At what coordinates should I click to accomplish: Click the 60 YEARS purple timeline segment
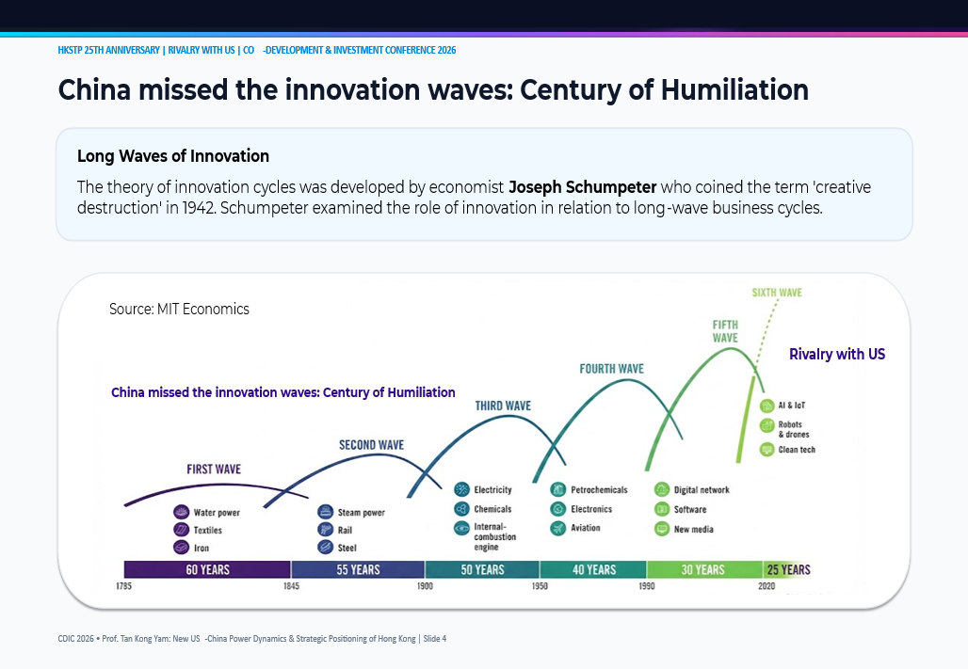(207, 569)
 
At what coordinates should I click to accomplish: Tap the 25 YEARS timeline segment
(787, 569)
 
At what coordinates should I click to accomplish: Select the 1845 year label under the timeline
(291, 585)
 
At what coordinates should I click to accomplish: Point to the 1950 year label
(540, 585)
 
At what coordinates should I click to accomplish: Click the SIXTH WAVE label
(777, 293)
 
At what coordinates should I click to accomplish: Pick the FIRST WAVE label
(214, 469)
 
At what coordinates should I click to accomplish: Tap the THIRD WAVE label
(503, 406)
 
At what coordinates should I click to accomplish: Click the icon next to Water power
(181, 512)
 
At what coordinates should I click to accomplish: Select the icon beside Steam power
(326, 512)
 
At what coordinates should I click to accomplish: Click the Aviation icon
(558, 528)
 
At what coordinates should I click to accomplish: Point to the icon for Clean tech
(766, 449)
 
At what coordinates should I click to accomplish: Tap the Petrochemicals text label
(599, 489)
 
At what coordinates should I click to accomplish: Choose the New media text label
(693, 529)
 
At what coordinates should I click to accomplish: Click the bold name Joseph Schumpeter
(582, 187)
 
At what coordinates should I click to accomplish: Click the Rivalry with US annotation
(837, 354)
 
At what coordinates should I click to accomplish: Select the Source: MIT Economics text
(179, 309)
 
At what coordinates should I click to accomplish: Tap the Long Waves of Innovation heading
(173, 156)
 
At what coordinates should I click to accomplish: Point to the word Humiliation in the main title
(734, 90)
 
